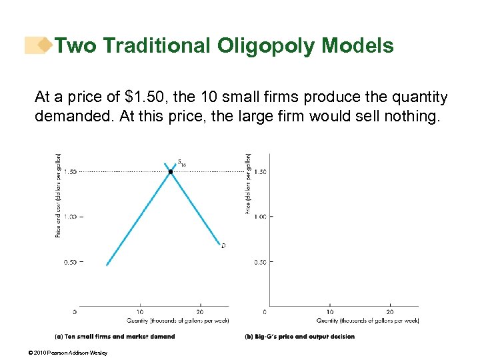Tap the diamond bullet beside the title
pyautogui.click(x=45, y=45)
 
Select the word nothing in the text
pyautogui.click(x=407, y=116)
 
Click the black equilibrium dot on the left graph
pyautogui.click(x=171, y=171)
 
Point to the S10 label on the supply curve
pyautogui.click(x=181, y=161)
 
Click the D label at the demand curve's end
pyautogui.click(x=223, y=245)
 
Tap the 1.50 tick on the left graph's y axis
pyautogui.click(x=70, y=171)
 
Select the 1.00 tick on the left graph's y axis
pyautogui.click(x=70, y=217)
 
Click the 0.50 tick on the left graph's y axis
pyautogui.click(x=70, y=262)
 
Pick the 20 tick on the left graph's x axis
pyautogui.click(x=200, y=311)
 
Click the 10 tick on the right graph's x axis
pyautogui.click(x=329, y=311)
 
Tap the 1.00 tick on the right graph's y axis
pyautogui.click(x=260, y=217)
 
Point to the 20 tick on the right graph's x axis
pyautogui.click(x=390, y=311)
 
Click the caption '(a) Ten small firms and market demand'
pyautogui.click(x=115, y=337)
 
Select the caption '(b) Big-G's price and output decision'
pyautogui.click(x=300, y=337)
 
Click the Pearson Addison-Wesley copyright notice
pyautogui.click(x=73, y=353)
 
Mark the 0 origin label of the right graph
pyautogui.click(x=265, y=311)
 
